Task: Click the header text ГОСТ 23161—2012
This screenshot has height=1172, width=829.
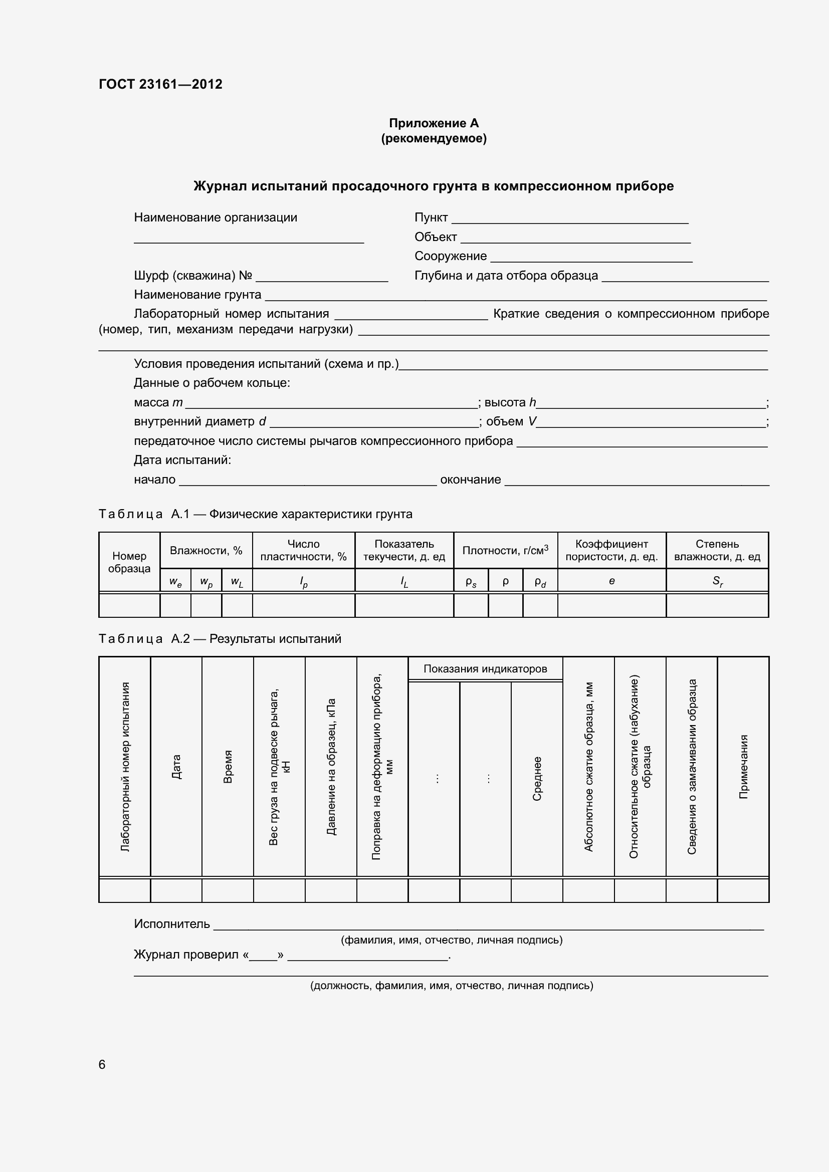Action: [160, 84]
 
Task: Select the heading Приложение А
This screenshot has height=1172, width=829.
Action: [434, 123]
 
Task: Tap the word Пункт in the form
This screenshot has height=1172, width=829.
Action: [431, 217]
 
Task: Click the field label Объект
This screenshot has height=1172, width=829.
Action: [435, 237]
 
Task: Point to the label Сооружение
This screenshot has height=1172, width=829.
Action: [450, 256]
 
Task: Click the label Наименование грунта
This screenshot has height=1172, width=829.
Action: [197, 295]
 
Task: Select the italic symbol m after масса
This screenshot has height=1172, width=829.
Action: [177, 402]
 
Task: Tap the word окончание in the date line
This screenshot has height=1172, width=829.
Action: [470, 480]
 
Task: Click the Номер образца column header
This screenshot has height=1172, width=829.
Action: [129, 562]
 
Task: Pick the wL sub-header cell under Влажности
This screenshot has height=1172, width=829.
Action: [237, 581]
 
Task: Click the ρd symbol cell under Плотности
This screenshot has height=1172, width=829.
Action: [540, 581]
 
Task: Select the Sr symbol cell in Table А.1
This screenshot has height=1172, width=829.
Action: [717, 581]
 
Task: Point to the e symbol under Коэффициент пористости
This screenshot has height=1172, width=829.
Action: [611, 581]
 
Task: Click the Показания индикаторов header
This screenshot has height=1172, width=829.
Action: [485, 669]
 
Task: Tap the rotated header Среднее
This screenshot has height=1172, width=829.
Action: [537, 779]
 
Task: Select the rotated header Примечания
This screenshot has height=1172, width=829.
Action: [743, 767]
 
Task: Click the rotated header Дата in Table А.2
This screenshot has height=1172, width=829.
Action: [176, 767]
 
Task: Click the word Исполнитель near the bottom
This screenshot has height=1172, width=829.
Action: [171, 924]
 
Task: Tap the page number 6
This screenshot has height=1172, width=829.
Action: [102, 1064]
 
